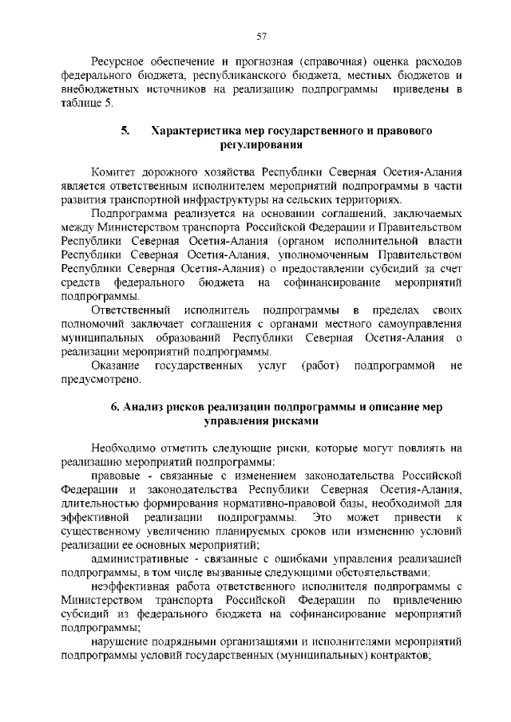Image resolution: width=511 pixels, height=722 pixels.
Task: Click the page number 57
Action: pos(260,36)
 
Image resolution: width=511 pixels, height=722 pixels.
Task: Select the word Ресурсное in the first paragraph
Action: pos(119,61)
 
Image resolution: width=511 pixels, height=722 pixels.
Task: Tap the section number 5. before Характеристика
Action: pos(125,131)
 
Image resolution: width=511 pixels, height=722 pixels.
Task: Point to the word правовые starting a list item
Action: pos(117,475)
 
